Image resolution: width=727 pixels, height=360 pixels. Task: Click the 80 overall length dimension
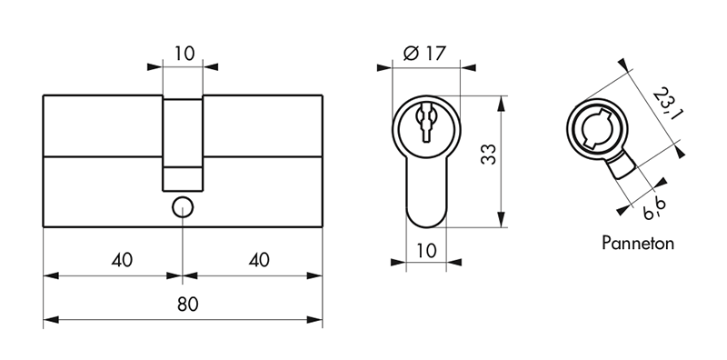click(x=188, y=305)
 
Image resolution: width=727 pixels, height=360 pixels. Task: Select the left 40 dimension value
click(x=122, y=260)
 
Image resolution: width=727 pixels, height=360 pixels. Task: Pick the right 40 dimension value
click(x=259, y=260)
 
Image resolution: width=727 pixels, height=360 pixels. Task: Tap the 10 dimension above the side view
click(x=184, y=54)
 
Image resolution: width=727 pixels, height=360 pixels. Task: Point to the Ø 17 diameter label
click(x=424, y=54)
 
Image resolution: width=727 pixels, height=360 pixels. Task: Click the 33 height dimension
click(x=489, y=155)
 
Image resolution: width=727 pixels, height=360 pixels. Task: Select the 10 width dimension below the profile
click(x=426, y=251)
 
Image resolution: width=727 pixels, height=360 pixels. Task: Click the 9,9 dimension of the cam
click(x=654, y=209)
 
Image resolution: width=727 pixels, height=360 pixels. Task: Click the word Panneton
click(x=638, y=243)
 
